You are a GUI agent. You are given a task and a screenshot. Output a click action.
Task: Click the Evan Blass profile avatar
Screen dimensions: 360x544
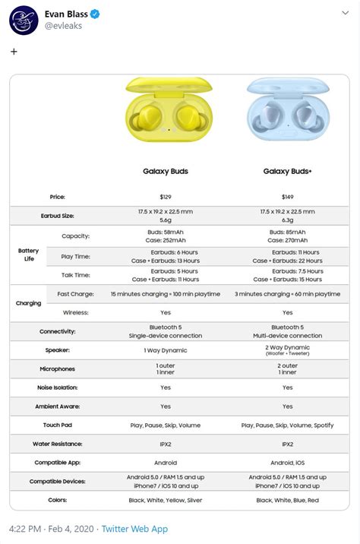tap(24, 20)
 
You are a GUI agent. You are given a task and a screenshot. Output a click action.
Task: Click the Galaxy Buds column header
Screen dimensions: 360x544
tap(166, 172)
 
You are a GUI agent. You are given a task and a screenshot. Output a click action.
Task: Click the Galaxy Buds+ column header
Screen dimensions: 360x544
tap(288, 172)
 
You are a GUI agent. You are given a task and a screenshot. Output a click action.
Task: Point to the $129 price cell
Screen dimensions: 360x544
tap(166, 197)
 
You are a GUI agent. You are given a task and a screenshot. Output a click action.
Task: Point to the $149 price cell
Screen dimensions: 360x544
tap(288, 197)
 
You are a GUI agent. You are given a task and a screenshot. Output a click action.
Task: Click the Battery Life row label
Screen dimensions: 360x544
tap(28, 255)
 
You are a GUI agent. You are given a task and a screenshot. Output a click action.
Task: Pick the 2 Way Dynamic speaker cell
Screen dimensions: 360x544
tap(288, 349)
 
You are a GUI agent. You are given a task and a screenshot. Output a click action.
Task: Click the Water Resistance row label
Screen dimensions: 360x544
tap(58, 444)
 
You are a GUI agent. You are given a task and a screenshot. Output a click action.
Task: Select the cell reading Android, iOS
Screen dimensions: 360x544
tap(288, 462)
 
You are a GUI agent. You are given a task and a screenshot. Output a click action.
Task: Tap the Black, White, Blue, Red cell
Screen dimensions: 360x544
tap(288, 500)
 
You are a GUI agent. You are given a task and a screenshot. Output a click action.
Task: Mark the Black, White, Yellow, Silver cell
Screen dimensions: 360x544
tap(166, 500)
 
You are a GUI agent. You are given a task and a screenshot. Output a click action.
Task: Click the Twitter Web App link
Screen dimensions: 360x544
tap(134, 529)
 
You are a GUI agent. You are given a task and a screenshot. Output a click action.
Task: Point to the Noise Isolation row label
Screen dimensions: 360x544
tap(58, 387)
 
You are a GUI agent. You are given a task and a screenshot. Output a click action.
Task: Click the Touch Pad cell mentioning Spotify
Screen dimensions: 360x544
tap(288, 425)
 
